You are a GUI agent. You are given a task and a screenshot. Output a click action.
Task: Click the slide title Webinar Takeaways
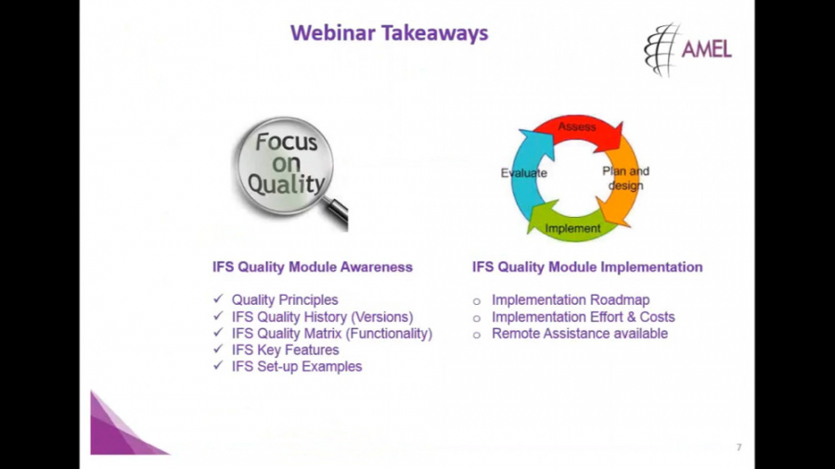(389, 33)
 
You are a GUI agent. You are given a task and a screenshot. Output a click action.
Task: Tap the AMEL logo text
(706, 49)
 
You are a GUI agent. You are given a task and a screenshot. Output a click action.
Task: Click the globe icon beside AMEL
(662, 49)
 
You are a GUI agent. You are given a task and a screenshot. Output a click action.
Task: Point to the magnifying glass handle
(337, 214)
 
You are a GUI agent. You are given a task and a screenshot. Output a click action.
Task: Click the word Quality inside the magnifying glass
(286, 183)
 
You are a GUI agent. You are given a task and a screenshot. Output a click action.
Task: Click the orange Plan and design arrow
(622, 181)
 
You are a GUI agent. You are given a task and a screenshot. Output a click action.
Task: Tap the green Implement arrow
(568, 226)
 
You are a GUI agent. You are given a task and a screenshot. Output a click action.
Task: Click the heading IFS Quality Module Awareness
(313, 267)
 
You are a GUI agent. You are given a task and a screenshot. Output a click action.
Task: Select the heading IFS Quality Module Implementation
(587, 267)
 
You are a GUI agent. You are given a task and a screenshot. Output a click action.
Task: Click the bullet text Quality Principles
(285, 300)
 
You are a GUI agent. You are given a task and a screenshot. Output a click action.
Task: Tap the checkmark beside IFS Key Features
(218, 349)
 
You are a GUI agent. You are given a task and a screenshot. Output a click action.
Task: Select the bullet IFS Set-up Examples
(297, 366)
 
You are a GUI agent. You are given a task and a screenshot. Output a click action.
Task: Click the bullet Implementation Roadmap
(571, 300)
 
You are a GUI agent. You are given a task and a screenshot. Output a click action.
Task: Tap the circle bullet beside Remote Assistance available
(477, 334)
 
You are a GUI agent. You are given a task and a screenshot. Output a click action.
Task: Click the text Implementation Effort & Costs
(583, 317)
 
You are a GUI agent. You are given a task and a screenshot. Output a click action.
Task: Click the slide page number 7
(739, 448)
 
